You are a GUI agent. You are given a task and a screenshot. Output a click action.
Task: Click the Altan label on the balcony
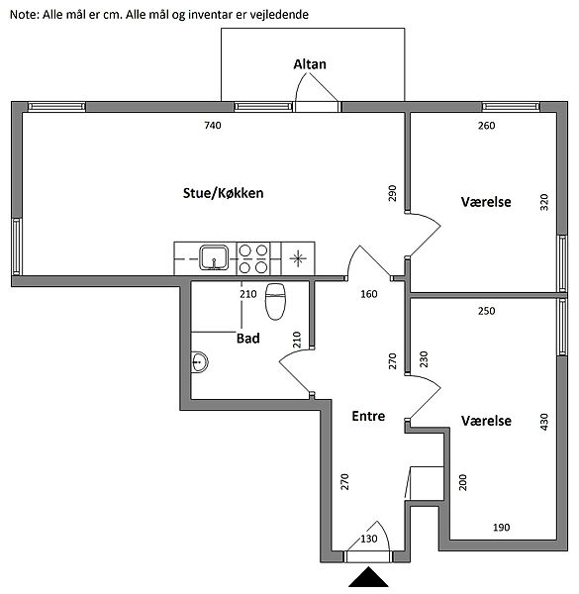310,64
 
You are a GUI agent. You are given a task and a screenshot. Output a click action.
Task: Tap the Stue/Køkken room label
223,193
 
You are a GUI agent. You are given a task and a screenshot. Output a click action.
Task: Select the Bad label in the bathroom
248,338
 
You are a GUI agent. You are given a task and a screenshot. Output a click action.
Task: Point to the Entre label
368,416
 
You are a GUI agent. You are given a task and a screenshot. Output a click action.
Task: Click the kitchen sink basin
214,257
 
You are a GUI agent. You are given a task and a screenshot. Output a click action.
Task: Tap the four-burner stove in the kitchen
253,258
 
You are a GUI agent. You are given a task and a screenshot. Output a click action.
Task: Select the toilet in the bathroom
275,301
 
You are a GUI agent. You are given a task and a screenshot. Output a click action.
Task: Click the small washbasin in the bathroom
199,362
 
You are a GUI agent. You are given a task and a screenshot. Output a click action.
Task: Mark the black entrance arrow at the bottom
368,576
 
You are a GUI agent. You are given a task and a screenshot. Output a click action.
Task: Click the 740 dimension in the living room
213,126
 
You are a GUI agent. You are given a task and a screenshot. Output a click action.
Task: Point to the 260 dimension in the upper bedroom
486,126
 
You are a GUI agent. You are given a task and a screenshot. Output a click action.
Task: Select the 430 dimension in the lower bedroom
543,422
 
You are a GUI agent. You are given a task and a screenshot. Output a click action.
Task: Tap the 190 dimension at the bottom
502,528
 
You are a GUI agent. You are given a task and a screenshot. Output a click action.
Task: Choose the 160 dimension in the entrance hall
369,294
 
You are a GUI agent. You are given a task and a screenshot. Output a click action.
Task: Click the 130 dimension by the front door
369,539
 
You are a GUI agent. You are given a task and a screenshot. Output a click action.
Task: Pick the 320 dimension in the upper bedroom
543,202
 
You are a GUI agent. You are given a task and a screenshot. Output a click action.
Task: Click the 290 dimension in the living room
392,193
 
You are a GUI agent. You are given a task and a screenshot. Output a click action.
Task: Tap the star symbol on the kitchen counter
298,258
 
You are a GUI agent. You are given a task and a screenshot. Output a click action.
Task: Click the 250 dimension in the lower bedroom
486,311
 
